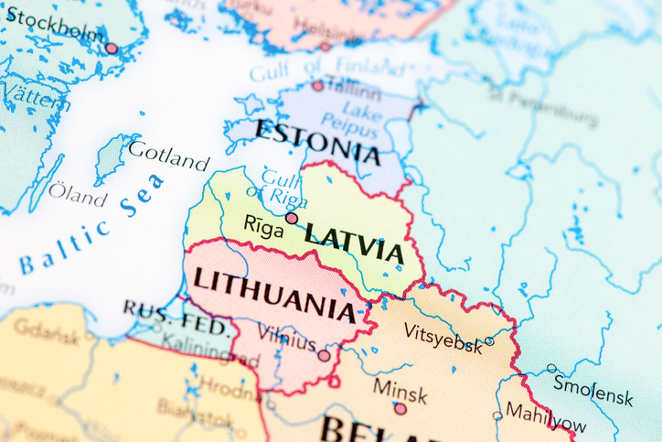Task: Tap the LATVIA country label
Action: (354, 243)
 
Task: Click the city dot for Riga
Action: (291, 218)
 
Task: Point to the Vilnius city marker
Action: (324, 355)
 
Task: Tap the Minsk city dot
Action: (400, 409)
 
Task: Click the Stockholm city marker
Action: (112, 48)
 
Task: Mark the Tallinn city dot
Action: (317, 85)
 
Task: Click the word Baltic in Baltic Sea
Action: (64, 251)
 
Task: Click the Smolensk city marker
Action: (551, 368)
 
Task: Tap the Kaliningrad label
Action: (211, 352)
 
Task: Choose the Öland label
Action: (77, 195)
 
